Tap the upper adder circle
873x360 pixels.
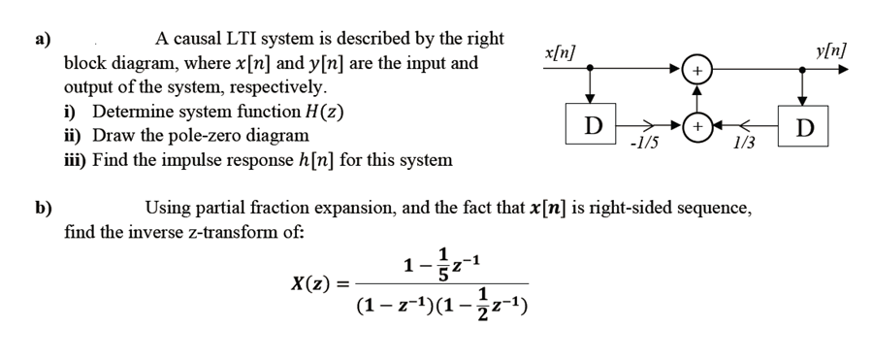pos(697,71)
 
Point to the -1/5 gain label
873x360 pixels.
pos(642,146)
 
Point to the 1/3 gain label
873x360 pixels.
pos(745,146)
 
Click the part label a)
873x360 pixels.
pos(42,40)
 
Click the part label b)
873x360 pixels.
pos(43,207)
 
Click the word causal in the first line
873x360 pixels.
pos(203,39)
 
